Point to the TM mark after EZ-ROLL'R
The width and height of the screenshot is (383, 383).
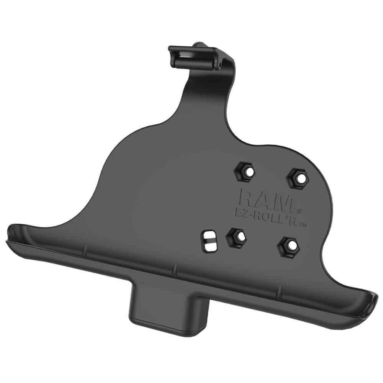click(x=303, y=226)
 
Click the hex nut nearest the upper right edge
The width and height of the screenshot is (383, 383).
click(x=297, y=177)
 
